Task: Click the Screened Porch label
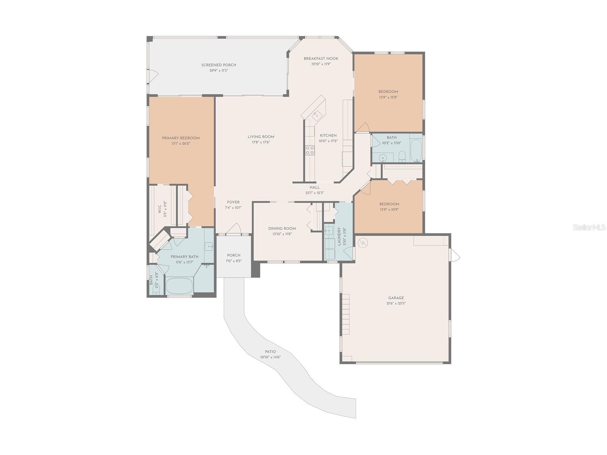(219, 65)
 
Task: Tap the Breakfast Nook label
(321, 59)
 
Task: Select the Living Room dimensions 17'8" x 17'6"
(261, 142)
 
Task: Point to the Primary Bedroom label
(181, 138)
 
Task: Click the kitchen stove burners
(310, 150)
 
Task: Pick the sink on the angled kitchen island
(316, 115)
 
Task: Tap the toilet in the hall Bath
(402, 156)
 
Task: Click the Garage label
(396, 298)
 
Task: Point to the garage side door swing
(455, 256)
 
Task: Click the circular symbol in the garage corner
(363, 243)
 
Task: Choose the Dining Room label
(282, 229)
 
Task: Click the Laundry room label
(339, 236)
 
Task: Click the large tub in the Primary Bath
(179, 285)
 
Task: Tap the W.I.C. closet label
(160, 210)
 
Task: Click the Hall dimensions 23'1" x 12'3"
(314, 193)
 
